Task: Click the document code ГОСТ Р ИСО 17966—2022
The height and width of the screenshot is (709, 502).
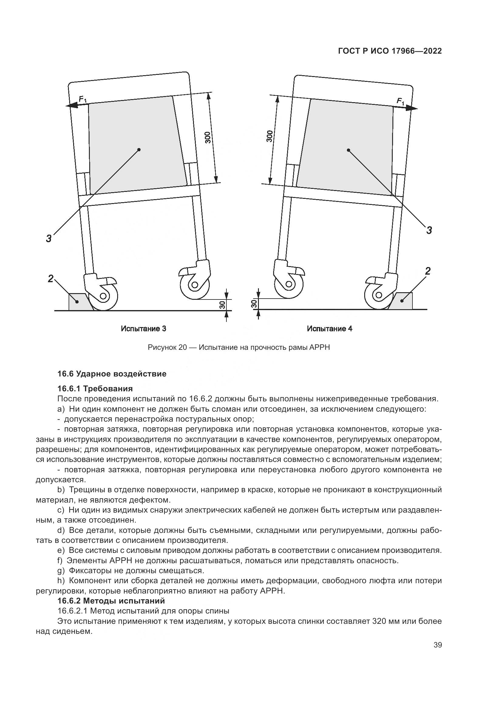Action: click(390, 51)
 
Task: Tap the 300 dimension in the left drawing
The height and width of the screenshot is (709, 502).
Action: click(208, 137)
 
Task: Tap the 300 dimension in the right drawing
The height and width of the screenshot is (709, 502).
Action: click(270, 136)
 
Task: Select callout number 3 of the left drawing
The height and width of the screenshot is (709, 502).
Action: click(49, 238)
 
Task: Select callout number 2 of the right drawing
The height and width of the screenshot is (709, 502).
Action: click(428, 271)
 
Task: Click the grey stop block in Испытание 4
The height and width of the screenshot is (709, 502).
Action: click(404, 301)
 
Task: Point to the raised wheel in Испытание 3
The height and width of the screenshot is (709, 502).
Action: click(195, 285)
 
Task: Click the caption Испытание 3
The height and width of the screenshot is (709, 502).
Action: click(144, 329)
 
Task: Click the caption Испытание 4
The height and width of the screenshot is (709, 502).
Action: click(330, 329)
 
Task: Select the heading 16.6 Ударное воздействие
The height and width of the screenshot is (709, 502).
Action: click(112, 374)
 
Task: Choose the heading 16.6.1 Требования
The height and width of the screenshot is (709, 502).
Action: click(95, 389)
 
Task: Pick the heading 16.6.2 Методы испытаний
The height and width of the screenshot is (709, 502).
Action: click(111, 601)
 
